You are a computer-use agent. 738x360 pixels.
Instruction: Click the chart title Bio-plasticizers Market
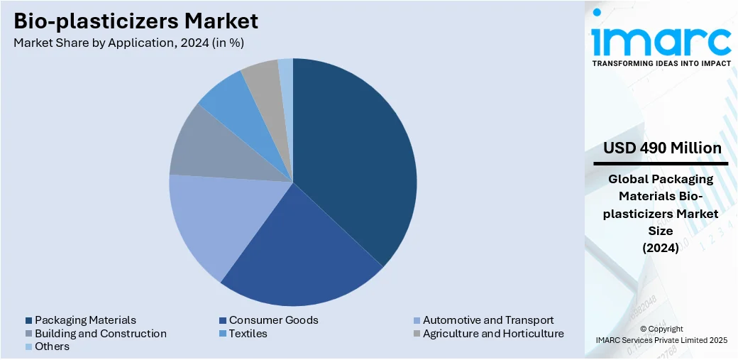coord(136,21)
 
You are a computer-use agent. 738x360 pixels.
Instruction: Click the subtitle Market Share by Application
coord(128,43)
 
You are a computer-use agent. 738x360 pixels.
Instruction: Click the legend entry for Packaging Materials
coord(85,320)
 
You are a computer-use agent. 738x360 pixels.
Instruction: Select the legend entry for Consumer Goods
coord(273,320)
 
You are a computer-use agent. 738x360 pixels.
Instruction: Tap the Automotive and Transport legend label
coord(488,320)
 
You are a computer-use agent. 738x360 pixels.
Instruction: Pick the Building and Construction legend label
coord(100,334)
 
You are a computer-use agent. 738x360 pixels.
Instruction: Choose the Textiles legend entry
coord(248,334)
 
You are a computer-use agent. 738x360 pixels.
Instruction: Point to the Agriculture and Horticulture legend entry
coord(492,334)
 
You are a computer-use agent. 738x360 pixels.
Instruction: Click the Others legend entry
coord(52,347)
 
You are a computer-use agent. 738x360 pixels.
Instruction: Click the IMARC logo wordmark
coord(661,41)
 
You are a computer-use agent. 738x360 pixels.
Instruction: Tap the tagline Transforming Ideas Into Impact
coord(661,63)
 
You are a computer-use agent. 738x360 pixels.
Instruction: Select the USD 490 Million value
coord(661,148)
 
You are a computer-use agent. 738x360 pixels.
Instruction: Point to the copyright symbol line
coord(661,329)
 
